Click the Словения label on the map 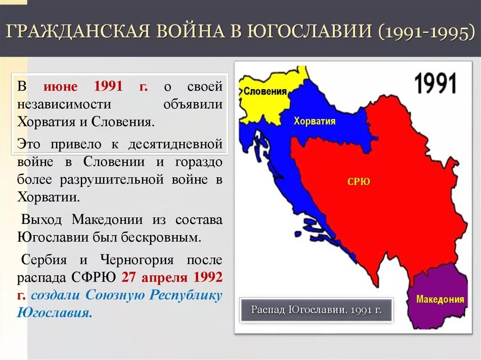coord(265,92)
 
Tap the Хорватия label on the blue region coord(314,121)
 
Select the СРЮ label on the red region coord(358,182)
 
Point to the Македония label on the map coord(440,299)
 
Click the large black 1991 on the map coord(435,83)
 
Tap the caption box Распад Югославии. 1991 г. coord(316,310)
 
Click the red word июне coord(61,86)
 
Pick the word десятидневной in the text coord(175,144)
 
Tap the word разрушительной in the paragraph coord(112,179)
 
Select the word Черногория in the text coord(137,260)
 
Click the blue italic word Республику coord(186,295)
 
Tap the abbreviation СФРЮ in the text coord(93,277)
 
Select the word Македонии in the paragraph coord(107,220)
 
